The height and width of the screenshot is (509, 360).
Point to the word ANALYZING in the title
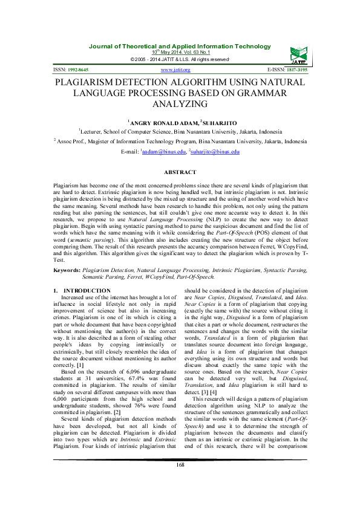point(180,104)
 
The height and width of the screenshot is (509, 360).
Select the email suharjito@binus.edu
point(215,152)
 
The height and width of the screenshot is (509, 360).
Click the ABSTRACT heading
point(180,172)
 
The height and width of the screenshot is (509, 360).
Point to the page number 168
point(180,482)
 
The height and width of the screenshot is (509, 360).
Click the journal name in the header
point(180,47)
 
